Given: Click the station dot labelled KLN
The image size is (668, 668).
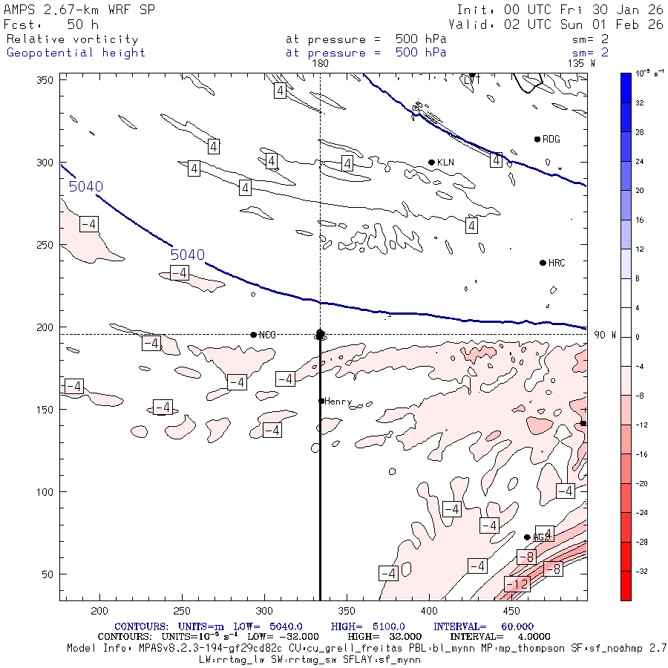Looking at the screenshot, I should (431, 163).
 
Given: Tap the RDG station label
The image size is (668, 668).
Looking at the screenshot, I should (551, 140).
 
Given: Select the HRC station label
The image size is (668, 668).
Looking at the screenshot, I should (557, 263).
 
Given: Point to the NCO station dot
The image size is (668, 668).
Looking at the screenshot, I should (254, 335).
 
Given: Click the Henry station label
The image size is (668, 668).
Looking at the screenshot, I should (338, 402).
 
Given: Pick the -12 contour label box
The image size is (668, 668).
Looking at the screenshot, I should (517, 585).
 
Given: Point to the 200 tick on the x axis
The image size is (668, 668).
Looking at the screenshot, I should (99, 610).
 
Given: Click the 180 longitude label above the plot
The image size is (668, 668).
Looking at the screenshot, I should (320, 64).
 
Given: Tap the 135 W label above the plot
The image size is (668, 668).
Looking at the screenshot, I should (581, 64).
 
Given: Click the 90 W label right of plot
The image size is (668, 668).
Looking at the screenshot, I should (605, 335).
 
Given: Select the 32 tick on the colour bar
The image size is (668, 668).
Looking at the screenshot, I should (638, 104).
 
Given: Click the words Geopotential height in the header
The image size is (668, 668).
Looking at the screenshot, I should (76, 53).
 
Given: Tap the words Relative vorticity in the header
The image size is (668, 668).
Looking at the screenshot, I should (72, 39).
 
